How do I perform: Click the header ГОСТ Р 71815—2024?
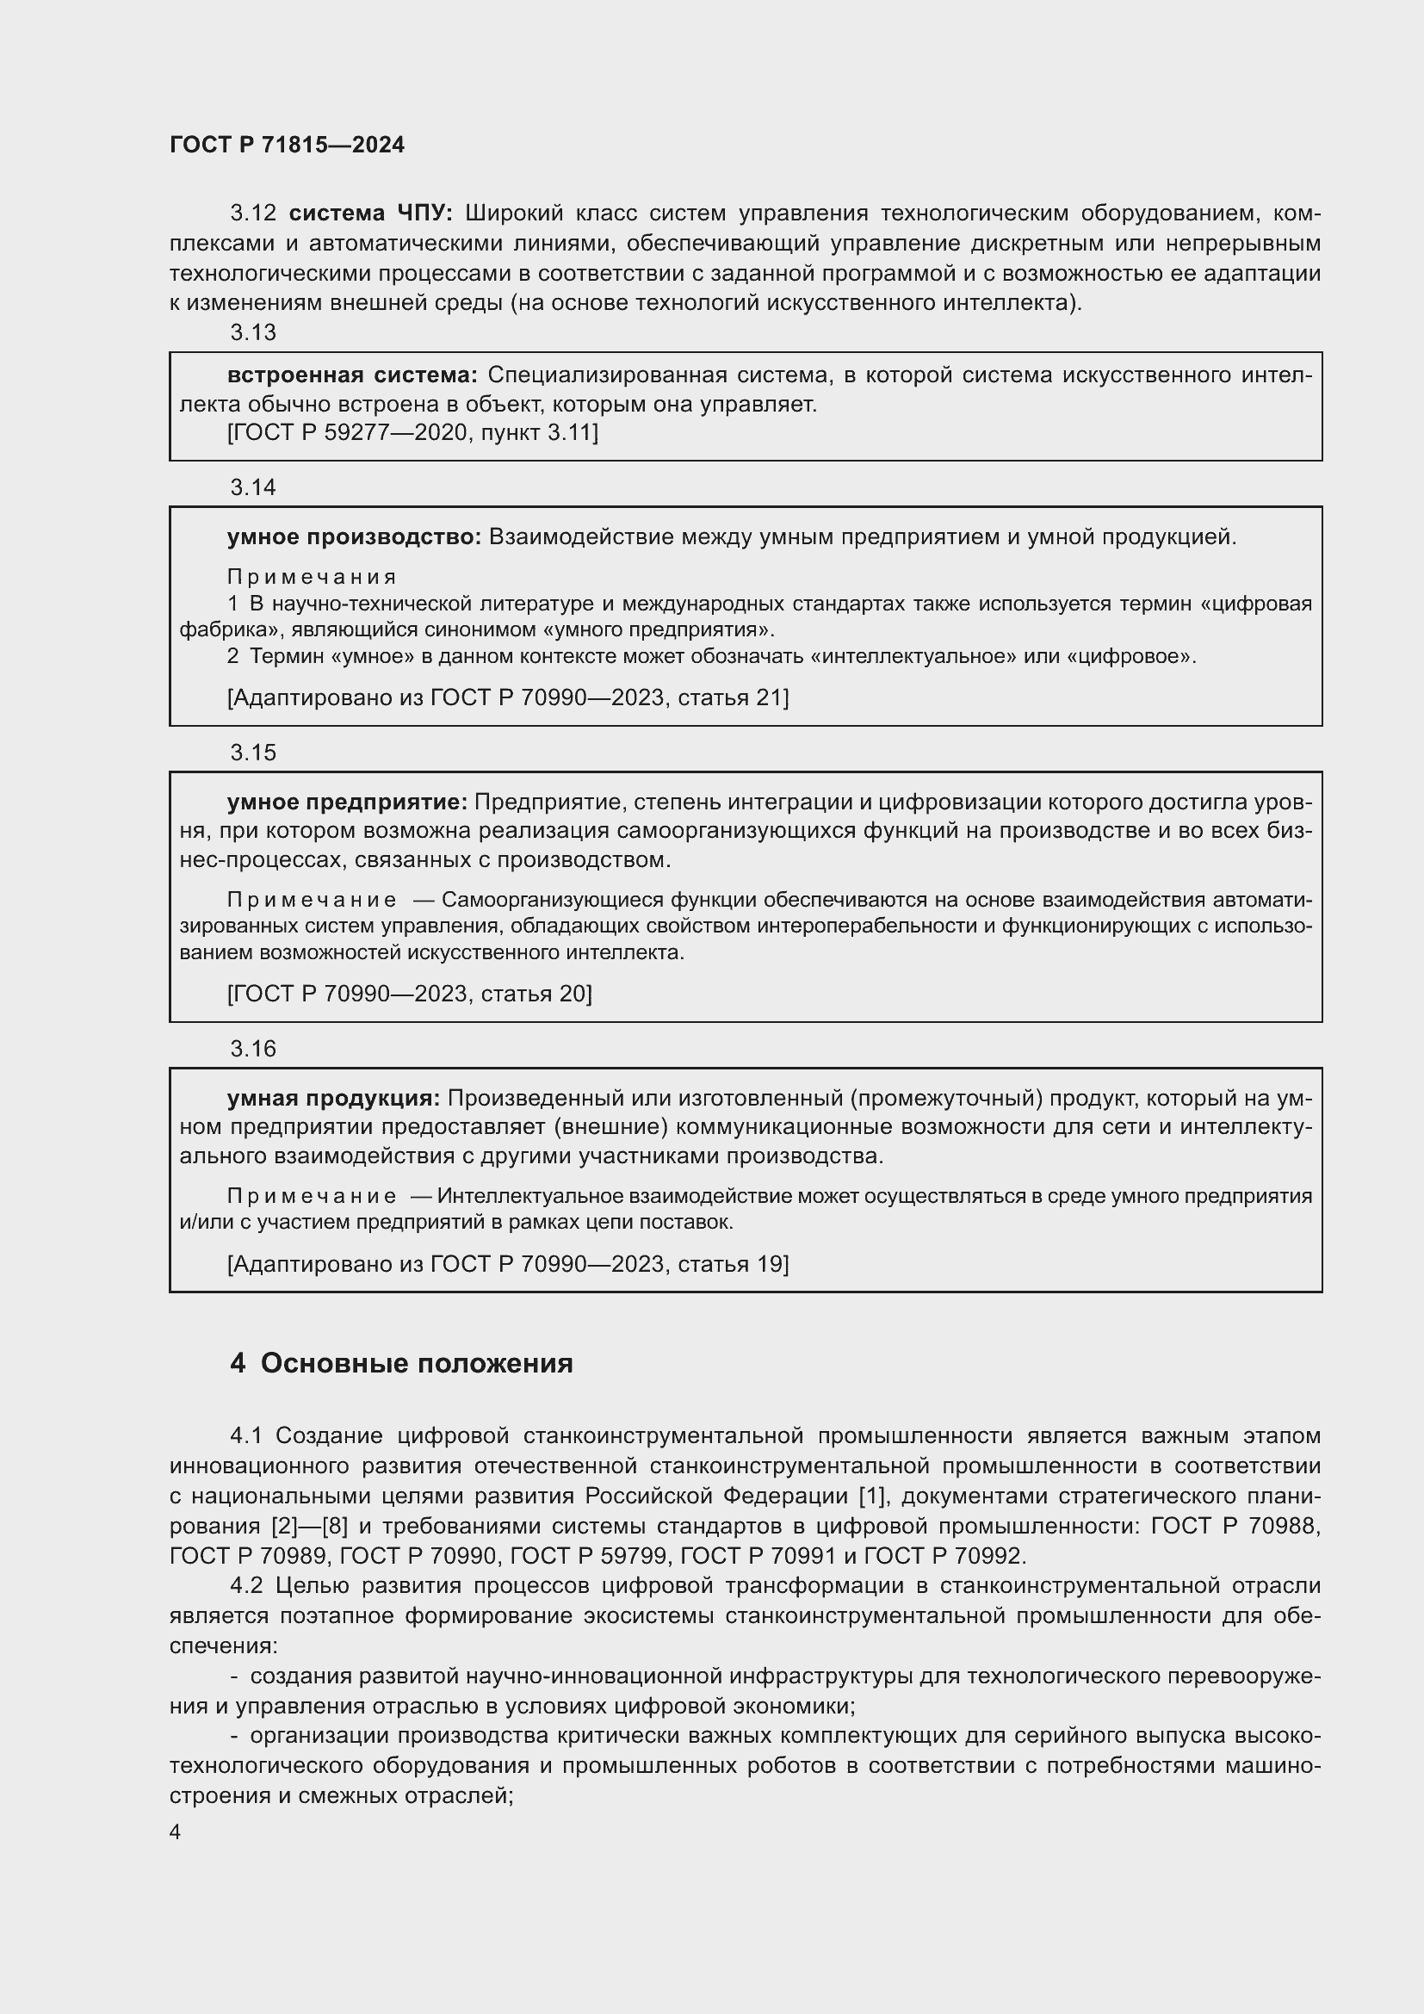(x=287, y=145)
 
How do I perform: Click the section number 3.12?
(x=252, y=214)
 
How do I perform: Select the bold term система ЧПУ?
(x=370, y=214)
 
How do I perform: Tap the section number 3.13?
(x=252, y=332)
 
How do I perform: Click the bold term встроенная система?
(x=352, y=375)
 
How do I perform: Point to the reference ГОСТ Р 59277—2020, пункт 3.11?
(x=412, y=432)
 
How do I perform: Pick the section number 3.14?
(x=252, y=487)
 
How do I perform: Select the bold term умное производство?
(x=354, y=536)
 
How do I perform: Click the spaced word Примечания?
(x=312, y=577)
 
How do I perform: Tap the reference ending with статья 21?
(x=508, y=697)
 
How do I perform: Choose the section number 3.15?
(x=252, y=753)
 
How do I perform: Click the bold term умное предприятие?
(x=348, y=802)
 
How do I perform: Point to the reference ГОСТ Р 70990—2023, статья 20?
(x=410, y=994)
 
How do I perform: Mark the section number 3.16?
(x=252, y=1049)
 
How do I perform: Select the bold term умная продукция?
(x=333, y=1098)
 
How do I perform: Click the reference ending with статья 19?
(x=508, y=1264)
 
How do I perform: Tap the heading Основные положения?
(x=417, y=1364)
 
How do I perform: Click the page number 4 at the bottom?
(x=176, y=1832)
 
